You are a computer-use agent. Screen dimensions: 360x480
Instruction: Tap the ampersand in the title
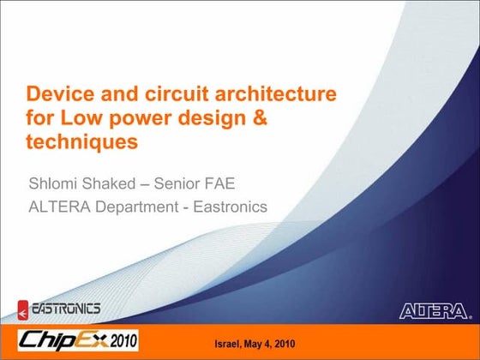(258, 118)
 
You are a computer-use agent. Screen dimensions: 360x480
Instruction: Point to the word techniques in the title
(82, 143)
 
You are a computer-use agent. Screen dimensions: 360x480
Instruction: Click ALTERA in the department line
(61, 207)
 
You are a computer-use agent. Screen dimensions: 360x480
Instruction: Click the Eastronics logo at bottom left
(59, 308)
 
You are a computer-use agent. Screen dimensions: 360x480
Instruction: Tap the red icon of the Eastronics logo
(23, 308)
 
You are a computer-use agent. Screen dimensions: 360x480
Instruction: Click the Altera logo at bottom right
(434, 309)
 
